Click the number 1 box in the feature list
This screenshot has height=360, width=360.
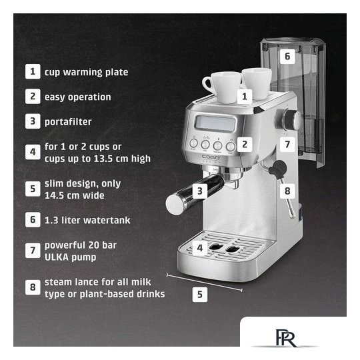point(33,71)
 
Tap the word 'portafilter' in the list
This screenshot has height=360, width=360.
point(68,122)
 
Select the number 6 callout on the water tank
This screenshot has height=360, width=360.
point(287,56)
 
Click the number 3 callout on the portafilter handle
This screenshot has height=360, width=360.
point(200,191)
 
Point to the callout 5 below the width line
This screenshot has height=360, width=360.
point(200,295)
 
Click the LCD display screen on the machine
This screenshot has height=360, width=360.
point(215,123)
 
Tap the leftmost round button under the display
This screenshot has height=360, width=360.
point(193,143)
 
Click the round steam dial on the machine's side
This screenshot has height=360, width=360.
point(291,120)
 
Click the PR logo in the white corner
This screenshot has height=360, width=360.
point(286,338)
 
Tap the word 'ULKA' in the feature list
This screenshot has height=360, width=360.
point(57,257)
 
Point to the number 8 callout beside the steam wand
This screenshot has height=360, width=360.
point(287,191)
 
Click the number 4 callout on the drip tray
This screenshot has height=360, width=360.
point(200,248)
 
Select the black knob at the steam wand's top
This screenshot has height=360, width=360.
point(278,168)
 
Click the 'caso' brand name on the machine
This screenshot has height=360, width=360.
point(211,157)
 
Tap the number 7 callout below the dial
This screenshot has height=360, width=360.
point(287,144)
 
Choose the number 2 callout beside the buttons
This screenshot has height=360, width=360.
point(245,144)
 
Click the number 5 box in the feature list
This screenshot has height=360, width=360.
point(33,189)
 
